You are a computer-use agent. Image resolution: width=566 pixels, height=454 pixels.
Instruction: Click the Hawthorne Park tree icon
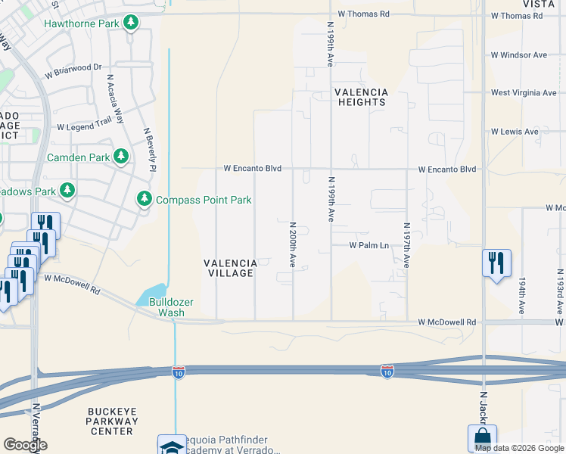[132, 23]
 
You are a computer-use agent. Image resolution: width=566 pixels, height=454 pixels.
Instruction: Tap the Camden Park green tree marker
[120, 157]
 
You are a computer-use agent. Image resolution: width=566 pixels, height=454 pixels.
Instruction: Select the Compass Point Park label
[203, 200]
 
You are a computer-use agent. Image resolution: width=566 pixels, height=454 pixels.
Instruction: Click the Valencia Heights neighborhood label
[362, 97]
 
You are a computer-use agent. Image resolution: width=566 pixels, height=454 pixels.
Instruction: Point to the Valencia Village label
[231, 268]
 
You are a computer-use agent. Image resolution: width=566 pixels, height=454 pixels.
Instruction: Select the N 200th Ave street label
[292, 244]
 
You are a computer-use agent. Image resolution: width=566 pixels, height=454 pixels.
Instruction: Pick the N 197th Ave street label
[406, 246]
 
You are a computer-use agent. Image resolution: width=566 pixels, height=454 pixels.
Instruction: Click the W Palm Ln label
[369, 245]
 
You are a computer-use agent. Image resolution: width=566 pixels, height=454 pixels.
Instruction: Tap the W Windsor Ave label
[518, 55]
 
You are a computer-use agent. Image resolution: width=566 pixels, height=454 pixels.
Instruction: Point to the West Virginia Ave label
[523, 93]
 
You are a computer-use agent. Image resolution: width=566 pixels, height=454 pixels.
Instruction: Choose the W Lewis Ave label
[515, 132]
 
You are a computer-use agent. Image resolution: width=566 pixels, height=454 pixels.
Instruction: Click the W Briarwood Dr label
[73, 71]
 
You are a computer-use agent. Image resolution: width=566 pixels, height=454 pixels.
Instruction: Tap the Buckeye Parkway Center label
[111, 421]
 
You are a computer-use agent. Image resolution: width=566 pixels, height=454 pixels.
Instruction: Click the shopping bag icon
[481, 437]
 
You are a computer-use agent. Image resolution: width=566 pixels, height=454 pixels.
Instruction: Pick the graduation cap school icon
[171, 446]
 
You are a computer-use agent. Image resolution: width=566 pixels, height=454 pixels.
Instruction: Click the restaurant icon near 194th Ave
[496, 263]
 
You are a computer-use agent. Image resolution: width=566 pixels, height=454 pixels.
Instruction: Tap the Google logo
[25, 445]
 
